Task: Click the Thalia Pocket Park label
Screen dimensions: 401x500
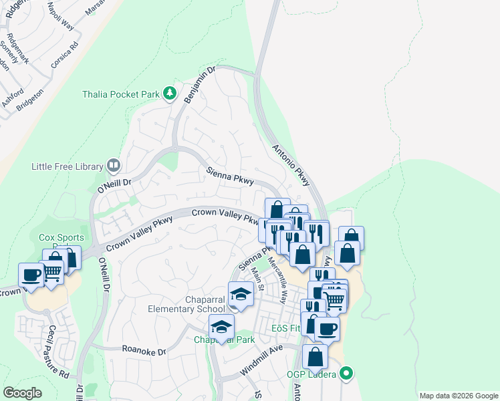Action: [121, 94]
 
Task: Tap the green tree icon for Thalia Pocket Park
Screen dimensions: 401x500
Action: [170, 94]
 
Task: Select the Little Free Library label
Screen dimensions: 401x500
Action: [67, 166]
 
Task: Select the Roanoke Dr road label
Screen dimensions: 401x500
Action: [144, 350]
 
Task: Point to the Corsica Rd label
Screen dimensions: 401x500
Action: [66, 52]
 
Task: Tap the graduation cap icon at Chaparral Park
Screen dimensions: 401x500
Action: [221, 327]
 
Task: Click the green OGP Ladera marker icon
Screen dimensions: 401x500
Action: [346, 373]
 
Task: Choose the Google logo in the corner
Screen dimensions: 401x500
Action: [22, 393]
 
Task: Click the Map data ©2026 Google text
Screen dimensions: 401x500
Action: [458, 396]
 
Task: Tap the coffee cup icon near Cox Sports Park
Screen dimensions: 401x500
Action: [31, 274]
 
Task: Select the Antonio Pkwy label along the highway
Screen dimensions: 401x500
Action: [291, 166]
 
